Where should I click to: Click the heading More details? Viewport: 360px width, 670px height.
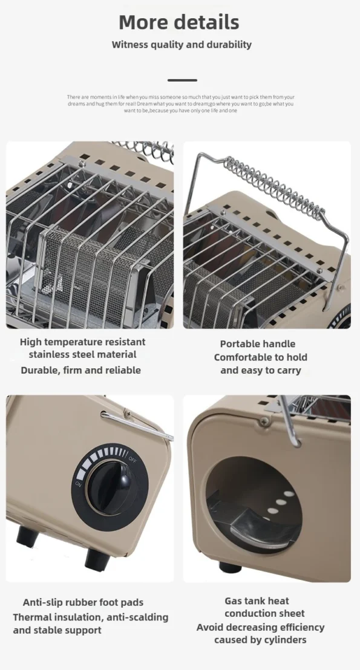(178, 22)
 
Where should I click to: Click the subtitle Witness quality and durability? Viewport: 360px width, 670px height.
(182, 44)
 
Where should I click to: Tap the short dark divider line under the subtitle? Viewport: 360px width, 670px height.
(182, 80)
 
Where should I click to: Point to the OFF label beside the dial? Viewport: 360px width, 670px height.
(133, 459)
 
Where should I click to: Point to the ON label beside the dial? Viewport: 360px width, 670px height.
(79, 484)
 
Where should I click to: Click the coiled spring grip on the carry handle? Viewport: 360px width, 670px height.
(273, 185)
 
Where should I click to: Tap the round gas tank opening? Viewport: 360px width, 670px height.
(254, 505)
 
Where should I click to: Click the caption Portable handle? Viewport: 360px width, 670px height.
(257, 344)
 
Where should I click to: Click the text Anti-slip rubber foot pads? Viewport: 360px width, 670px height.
(83, 602)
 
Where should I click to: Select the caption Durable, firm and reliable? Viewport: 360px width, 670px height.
(81, 370)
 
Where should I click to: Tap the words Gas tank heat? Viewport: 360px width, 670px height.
(257, 601)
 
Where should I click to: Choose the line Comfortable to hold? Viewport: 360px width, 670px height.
(260, 357)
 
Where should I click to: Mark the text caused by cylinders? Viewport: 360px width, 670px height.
(260, 640)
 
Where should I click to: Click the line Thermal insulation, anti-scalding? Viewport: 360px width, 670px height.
(91, 617)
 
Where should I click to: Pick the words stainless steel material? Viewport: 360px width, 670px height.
(82, 354)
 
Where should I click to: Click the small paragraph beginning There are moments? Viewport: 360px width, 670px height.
(180, 104)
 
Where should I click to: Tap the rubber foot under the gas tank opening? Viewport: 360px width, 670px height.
(230, 567)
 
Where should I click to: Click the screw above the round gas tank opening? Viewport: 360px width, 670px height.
(264, 421)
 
